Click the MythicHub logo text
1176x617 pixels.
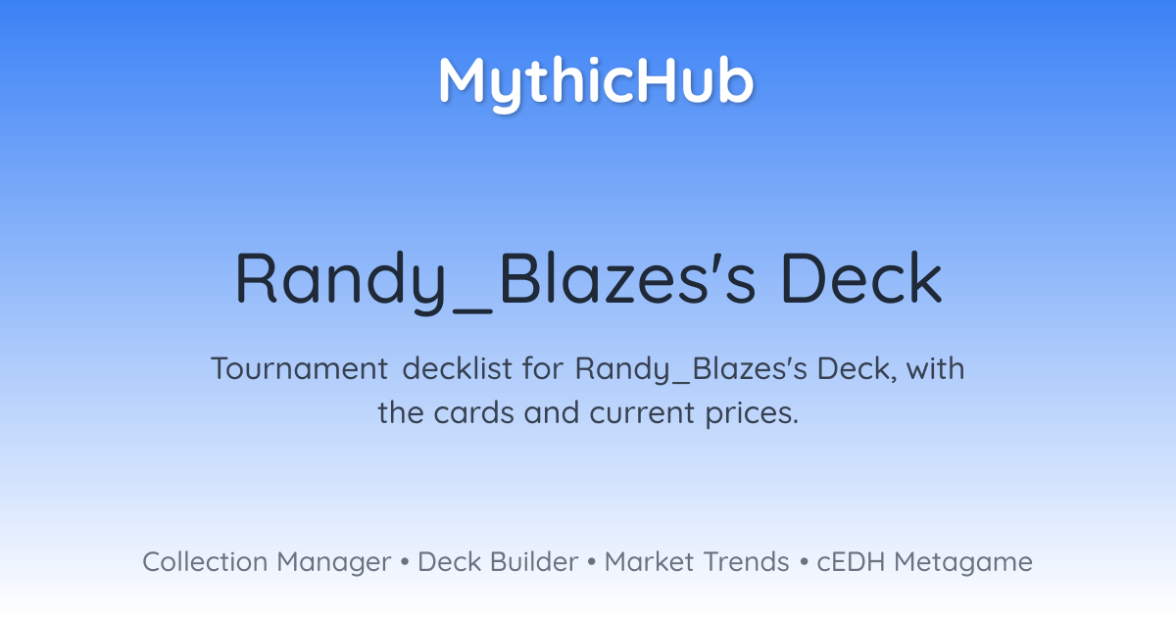point(597,83)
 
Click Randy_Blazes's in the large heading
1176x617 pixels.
point(496,279)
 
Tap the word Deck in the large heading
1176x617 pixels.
point(861,277)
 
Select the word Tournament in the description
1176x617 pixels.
point(299,368)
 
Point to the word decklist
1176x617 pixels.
point(458,368)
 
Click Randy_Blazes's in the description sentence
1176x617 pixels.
point(691,369)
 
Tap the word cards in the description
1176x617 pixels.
point(473,412)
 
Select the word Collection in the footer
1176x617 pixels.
point(205,561)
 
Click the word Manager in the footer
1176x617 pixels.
point(334,563)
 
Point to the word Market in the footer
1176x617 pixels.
point(650,561)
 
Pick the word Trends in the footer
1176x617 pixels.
point(747,561)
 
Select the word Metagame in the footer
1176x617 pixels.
point(963,563)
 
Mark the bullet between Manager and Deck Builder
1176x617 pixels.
point(404,562)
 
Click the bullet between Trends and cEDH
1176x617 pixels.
point(804,562)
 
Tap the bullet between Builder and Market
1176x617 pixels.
point(592,562)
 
